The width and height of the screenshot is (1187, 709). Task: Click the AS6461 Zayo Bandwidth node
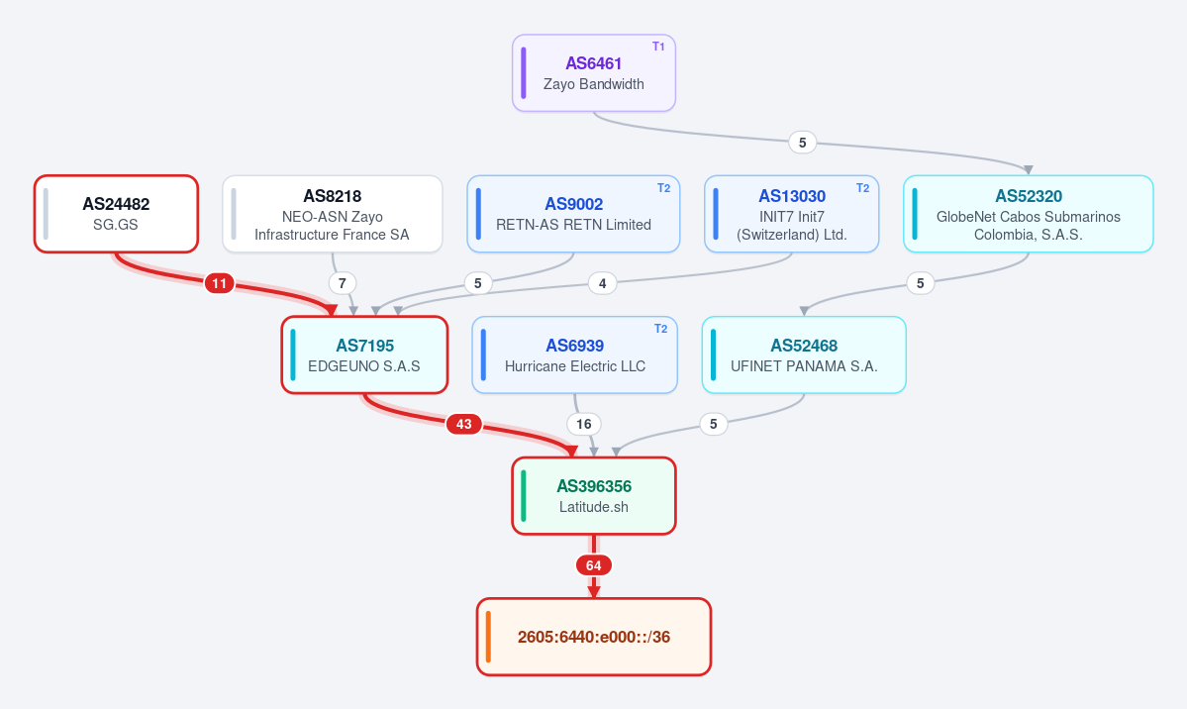click(594, 72)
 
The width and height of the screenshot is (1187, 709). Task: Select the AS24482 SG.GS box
click(116, 214)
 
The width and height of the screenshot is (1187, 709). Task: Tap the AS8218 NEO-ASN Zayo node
click(333, 214)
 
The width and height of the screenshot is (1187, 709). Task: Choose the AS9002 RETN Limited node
click(573, 214)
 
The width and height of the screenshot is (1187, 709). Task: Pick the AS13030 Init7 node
click(791, 214)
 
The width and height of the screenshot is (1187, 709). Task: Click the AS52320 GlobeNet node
click(1028, 214)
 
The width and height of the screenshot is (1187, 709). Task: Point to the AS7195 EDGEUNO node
click(364, 354)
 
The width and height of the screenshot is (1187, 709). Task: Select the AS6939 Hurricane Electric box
click(574, 354)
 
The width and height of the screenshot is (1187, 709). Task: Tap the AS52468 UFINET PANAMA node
click(804, 354)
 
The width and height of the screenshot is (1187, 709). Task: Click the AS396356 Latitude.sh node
click(594, 495)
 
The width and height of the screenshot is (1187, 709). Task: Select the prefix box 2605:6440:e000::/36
click(594, 637)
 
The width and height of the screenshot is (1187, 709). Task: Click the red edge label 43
click(464, 424)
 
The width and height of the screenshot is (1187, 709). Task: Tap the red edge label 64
click(594, 565)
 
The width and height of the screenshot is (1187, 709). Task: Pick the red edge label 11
click(219, 283)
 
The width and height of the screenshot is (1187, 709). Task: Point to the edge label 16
click(584, 424)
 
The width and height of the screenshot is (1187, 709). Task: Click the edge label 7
click(343, 283)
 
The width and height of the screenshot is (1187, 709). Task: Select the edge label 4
click(603, 283)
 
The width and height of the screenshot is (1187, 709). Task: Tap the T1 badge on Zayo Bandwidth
click(658, 47)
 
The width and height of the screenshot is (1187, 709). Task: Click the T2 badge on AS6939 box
click(661, 328)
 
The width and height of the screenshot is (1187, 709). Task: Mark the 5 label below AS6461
click(803, 143)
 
